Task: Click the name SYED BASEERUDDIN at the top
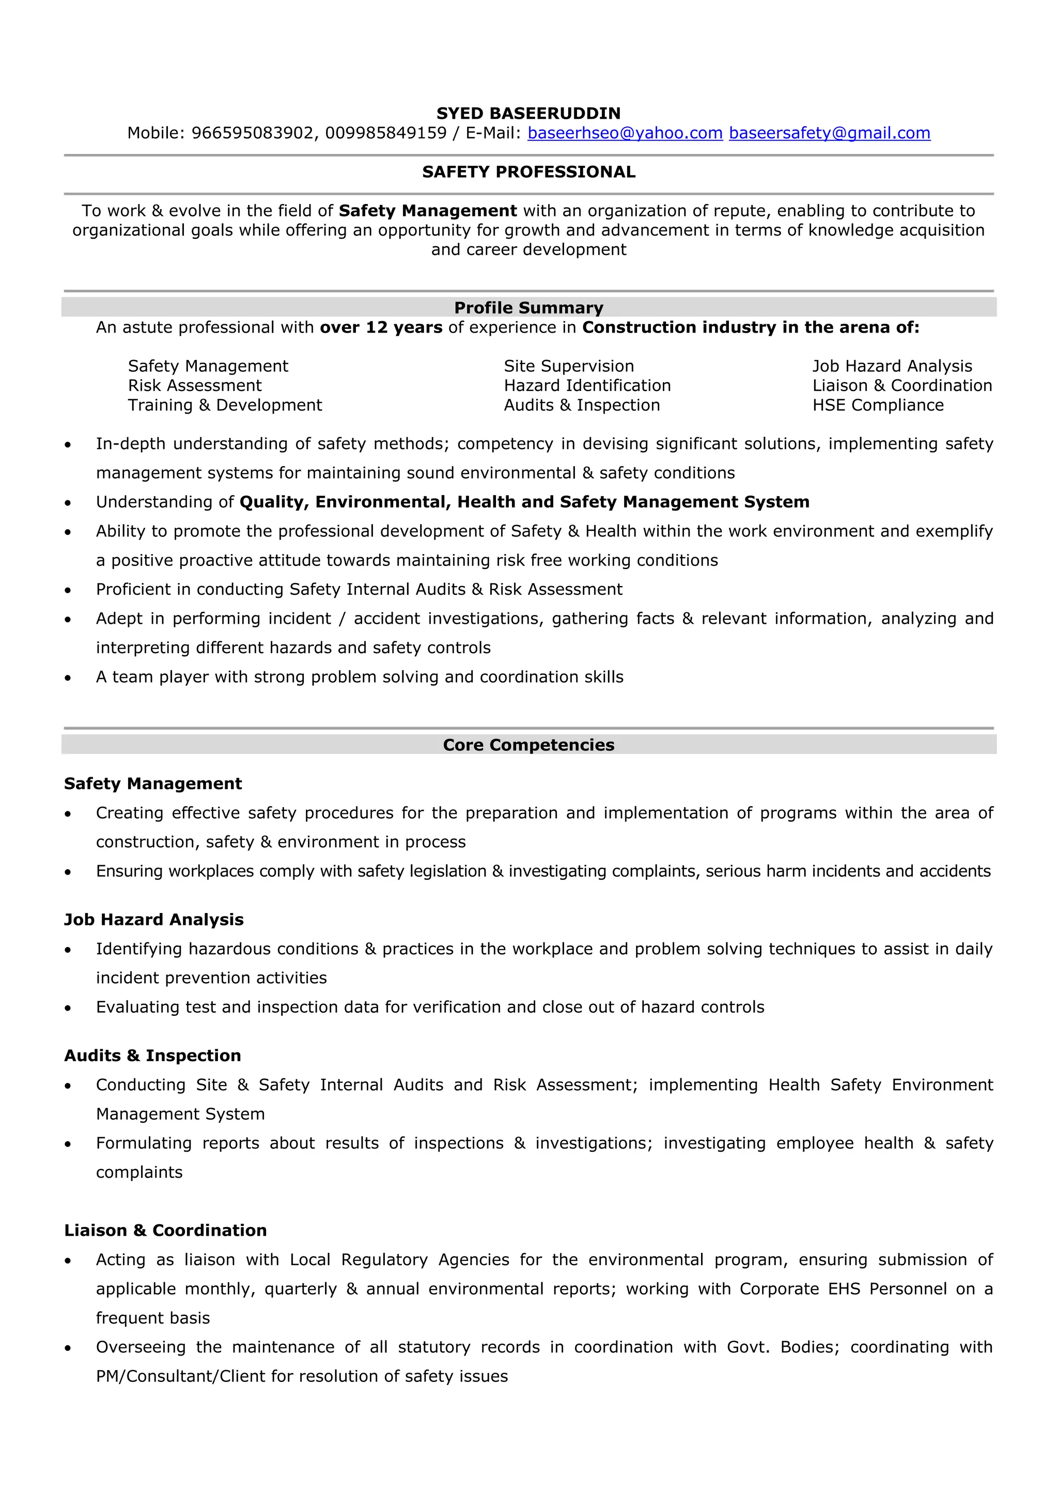click(528, 113)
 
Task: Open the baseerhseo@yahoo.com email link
click(625, 133)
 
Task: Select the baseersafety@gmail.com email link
click(829, 133)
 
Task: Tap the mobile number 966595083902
click(252, 133)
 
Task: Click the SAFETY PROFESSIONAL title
click(528, 172)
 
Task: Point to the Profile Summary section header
click(528, 307)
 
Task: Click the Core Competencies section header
click(528, 745)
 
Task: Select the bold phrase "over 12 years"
click(381, 327)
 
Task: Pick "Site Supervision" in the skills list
click(569, 366)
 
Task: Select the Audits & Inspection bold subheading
click(152, 1056)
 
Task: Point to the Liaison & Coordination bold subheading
click(165, 1230)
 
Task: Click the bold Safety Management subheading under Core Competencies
click(152, 783)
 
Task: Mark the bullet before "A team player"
click(68, 678)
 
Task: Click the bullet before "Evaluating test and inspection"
click(68, 1008)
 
